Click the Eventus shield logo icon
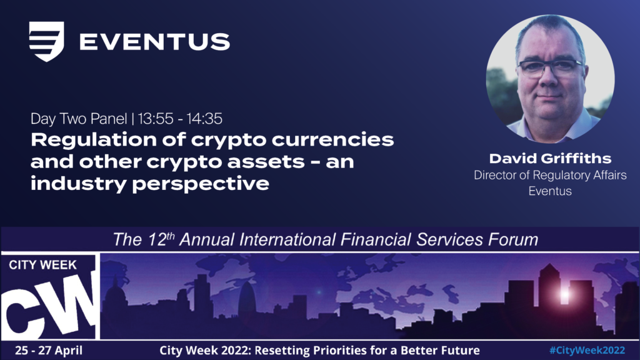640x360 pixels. (x=46, y=41)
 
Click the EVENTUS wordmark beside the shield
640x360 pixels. (x=155, y=42)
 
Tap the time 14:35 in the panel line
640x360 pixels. (x=204, y=119)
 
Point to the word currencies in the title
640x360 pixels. (x=332, y=139)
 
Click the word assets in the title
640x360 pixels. (x=266, y=162)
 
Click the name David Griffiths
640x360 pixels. (x=550, y=158)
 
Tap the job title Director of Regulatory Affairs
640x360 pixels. (x=550, y=175)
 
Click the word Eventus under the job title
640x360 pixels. (x=550, y=191)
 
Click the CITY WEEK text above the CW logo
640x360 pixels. (x=43, y=265)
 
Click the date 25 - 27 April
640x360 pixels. (x=49, y=350)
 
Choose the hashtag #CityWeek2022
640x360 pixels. (x=587, y=350)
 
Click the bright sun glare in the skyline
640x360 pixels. (x=565, y=294)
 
